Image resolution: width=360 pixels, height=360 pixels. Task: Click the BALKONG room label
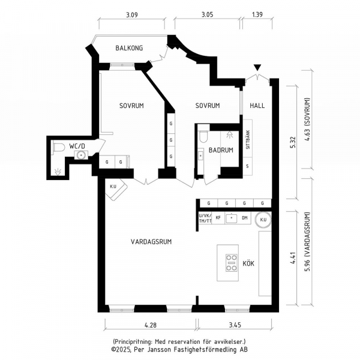[x=129, y=48]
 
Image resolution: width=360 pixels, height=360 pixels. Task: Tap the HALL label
[x=257, y=106]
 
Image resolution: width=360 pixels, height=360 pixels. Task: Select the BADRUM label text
[x=221, y=150]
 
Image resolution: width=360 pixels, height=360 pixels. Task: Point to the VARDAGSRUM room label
[x=151, y=242]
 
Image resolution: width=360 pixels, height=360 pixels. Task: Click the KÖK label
[x=248, y=263]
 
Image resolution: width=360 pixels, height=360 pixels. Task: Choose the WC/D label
[x=77, y=146]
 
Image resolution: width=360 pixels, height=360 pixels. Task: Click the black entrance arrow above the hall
[x=257, y=68]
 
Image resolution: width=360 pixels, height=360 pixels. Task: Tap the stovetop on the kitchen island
[x=231, y=263]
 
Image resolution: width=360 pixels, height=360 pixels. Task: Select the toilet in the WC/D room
[x=59, y=147]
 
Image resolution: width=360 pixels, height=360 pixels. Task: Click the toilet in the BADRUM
[x=203, y=137]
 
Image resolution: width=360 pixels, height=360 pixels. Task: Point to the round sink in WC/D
[x=81, y=155]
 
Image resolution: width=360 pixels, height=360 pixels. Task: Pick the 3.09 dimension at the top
[x=132, y=15]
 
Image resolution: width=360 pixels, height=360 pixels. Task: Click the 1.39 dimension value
[x=257, y=14]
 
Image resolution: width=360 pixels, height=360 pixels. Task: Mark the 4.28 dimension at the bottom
[x=151, y=325]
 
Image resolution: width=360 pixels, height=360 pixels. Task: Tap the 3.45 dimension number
[x=235, y=325]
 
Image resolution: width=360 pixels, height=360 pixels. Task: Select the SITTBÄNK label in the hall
[x=248, y=140]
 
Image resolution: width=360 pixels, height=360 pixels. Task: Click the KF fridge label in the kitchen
[x=218, y=217]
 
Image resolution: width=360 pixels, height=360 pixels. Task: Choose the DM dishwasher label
[x=245, y=217]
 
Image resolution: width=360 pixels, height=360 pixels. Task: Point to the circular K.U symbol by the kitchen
[x=263, y=220]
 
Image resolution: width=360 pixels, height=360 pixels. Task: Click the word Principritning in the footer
[x=132, y=341]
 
